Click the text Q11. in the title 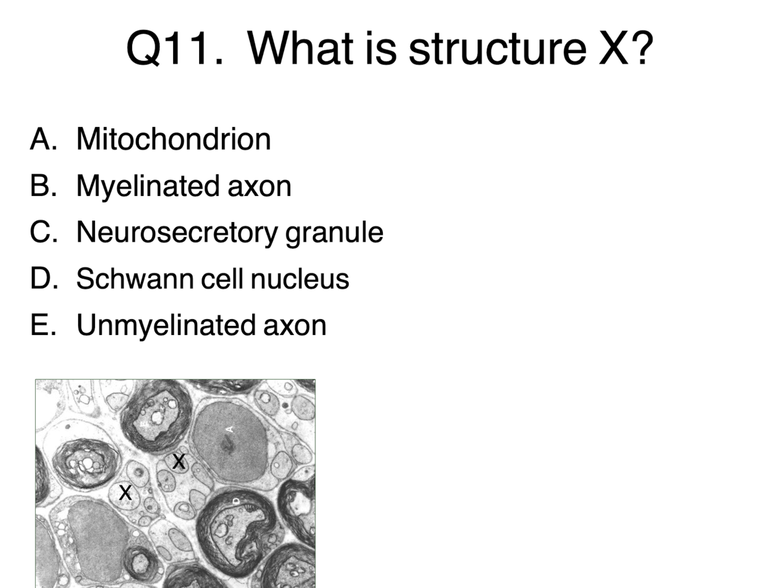point(175,48)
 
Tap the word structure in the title point(497,48)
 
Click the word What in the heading point(300,48)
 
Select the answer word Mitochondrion point(174,139)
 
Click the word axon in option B point(259,187)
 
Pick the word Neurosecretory point(177,232)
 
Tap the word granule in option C point(335,232)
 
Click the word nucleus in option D point(300,279)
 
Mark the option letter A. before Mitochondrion point(44,139)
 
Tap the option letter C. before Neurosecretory point(44,231)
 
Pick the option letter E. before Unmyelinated point(43,325)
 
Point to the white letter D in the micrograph point(237,501)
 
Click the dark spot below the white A point(228,446)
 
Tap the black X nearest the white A point(179,462)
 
